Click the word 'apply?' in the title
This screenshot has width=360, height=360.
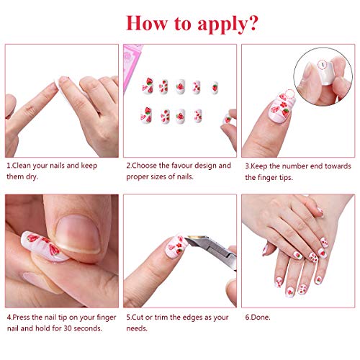pyautogui.click(x=228, y=24)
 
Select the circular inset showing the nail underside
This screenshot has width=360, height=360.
pyautogui.click(x=323, y=77)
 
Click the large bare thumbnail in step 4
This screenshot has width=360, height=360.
pyautogui.click(x=78, y=234)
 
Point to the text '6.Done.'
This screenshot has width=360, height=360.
pyautogui.click(x=258, y=318)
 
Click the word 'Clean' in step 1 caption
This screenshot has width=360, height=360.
pyautogui.click(x=22, y=166)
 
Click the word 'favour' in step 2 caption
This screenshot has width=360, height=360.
pyautogui.click(x=182, y=166)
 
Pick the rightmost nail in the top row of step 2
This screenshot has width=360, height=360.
pyautogui.click(x=215, y=88)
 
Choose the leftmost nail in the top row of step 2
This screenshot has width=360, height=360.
pyautogui.click(x=148, y=86)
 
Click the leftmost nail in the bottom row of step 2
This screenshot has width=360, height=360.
pyautogui.click(x=146, y=115)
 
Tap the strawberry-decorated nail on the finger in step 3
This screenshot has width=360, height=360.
pyautogui.click(x=282, y=108)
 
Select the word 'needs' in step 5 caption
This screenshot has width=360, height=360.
pyautogui.click(x=136, y=328)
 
